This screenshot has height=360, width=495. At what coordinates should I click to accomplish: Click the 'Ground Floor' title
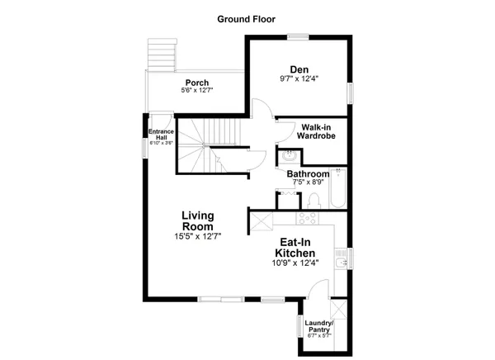[246, 18]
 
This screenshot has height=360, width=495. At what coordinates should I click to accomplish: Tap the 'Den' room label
[298, 69]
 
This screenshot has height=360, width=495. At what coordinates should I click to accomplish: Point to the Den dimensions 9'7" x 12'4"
[298, 79]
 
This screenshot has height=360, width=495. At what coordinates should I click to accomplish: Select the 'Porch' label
[196, 83]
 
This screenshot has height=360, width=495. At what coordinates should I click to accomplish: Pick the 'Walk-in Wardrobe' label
[310, 131]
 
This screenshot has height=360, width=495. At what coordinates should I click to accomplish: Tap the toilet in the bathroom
[313, 201]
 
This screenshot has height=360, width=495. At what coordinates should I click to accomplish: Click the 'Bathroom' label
[308, 174]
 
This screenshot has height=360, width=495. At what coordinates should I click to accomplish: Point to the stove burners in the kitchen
[309, 219]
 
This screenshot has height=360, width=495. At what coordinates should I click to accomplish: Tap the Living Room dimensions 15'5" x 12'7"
[198, 236]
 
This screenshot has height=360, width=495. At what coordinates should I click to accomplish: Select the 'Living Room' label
[198, 220]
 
